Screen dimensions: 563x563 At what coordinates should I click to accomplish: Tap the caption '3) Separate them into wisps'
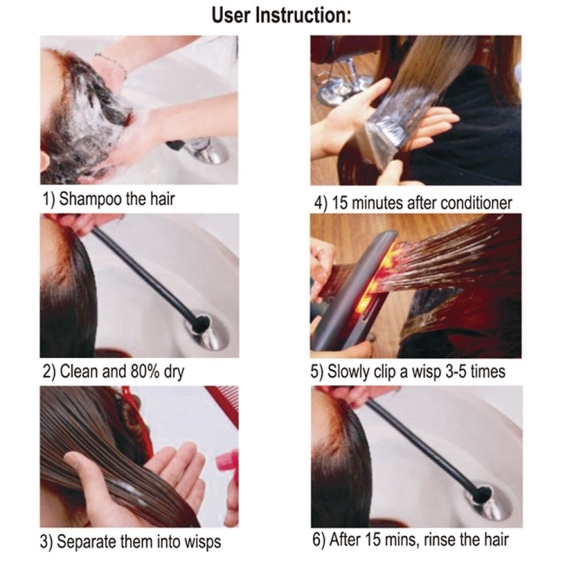pyautogui.click(x=131, y=540)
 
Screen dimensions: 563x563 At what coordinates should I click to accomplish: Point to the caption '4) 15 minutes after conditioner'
pyautogui.click(x=413, y=202)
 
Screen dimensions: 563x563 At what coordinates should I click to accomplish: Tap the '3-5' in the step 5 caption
pyautogui.click(x=458, y=371)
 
